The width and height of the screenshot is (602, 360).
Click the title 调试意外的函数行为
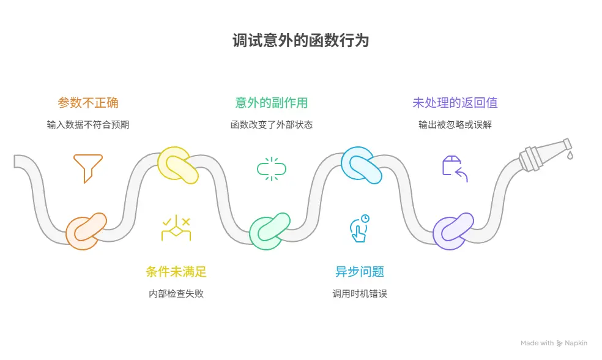tap(300, 41)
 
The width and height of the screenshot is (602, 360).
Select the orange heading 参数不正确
tap(88, 102)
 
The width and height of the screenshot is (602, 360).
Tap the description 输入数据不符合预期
tap(88, 124)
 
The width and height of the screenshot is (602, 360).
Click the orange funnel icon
tap(88, 168)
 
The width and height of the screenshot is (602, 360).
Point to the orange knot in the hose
tap(86, 231)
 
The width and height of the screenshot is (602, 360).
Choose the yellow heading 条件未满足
tap(176, 271)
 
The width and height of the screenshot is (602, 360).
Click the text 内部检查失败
tap(176, 293)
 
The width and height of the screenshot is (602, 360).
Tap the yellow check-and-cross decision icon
tap(176, 228)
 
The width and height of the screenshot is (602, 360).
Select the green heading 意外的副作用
tap(272, 102)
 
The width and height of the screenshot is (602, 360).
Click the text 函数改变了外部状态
tap(272, 124)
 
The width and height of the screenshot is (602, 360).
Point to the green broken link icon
tap(272, 168)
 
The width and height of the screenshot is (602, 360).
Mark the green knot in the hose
tap(270, 231)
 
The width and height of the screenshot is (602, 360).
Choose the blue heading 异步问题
tap(360, 271)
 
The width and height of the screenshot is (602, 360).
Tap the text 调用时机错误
tap(360, 293)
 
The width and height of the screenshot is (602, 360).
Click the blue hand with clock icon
tap(359, 228)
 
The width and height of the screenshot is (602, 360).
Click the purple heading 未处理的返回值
tap(455, 102)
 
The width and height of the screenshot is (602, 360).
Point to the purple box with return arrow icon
tap(455, 168)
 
